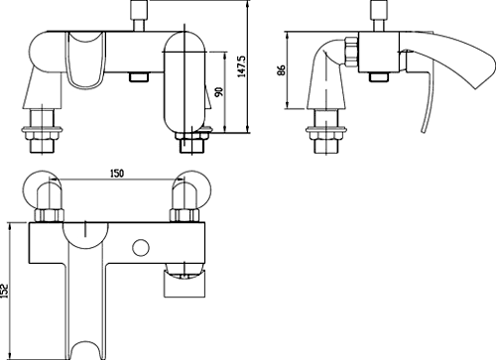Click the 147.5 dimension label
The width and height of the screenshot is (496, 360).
click(242, 66)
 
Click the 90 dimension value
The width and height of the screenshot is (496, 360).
click(219, 92)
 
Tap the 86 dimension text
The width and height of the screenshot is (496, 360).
click(281, 70)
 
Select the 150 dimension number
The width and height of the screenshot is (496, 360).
click(116, 174)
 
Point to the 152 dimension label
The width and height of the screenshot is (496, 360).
click(4, 291)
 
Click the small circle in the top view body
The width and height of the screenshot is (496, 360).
click(141, 247)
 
